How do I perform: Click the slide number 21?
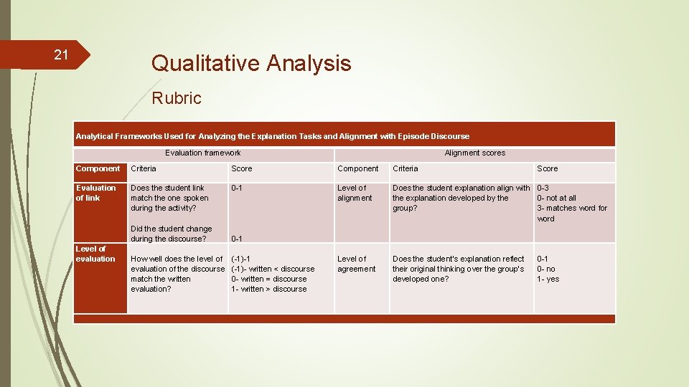tap(61, 55)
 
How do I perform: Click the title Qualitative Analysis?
tap(250, 63)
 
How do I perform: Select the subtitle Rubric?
tap(177, 98)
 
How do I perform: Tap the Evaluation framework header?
tap(202, 153)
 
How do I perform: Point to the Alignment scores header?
tap(474, 153)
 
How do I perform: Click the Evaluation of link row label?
tap(95, 193)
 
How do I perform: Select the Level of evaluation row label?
tap(95, 254)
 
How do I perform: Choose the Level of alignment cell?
tap(355, 193)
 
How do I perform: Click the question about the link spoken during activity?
tap(169, 198)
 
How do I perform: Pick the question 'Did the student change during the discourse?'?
tap(171, 234)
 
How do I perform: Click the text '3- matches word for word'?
tap(571, 213)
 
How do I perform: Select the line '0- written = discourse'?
tap(268, 279)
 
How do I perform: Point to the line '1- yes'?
tap(548, 279)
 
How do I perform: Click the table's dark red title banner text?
tap(273, 136)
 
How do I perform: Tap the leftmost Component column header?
tap(98, 168)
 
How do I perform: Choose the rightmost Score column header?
tap(547, 168)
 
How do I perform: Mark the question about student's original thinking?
tap(458, 269)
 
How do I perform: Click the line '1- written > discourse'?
tap(268, 289)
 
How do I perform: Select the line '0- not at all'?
tap(556, 198)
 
